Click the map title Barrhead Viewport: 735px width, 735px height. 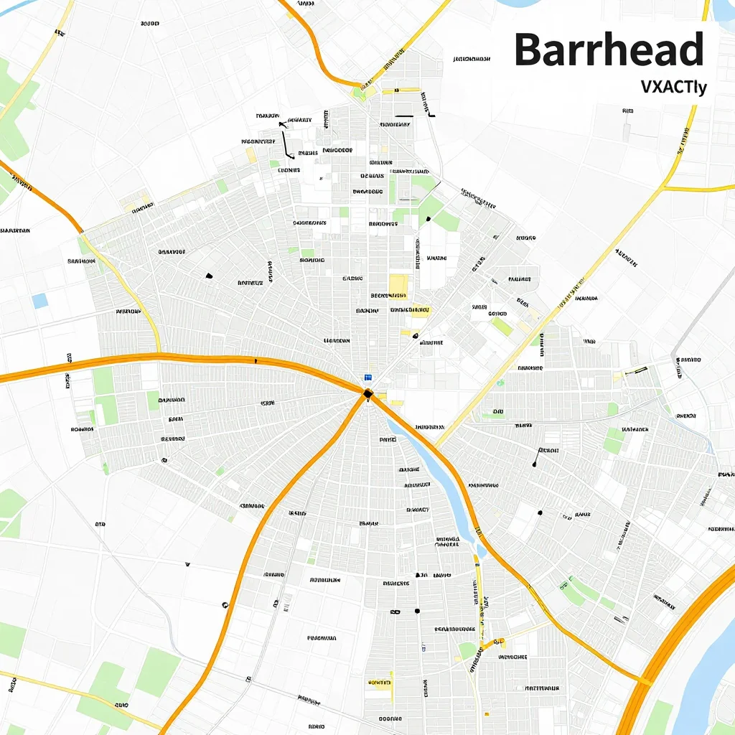[x=609, y=50]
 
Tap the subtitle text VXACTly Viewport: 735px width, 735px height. [x=673, y=88]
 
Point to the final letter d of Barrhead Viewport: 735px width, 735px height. [x=690, y=50]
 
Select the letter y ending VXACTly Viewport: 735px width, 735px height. [x=703, y=89]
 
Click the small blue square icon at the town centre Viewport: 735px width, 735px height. [x=368, y=377]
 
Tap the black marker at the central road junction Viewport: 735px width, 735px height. [x=367, y=393]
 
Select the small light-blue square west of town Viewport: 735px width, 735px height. [x=39, y=301]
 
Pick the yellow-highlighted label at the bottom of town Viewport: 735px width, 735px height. [x=380, y=683]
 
